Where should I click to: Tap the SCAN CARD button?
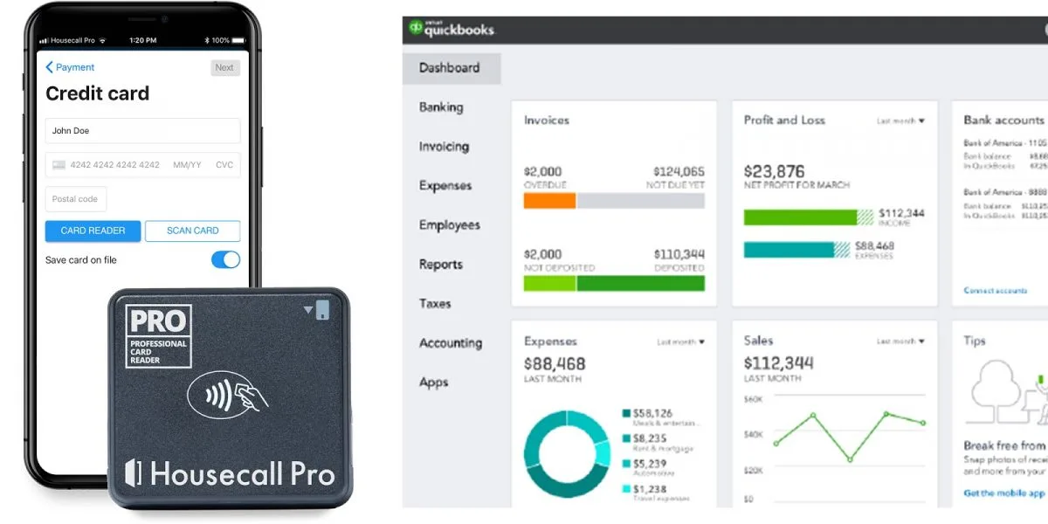pos(192,231)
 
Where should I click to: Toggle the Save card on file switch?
pos(225,259)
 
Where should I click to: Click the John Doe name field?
pos(142,131)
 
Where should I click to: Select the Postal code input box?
pos(76,199)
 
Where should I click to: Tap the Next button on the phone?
pos(224,67)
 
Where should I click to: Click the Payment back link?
pos(70,67)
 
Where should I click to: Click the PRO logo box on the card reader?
pos(158,335)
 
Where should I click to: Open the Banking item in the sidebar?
pos(441,107)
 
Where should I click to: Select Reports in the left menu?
pos(441,265)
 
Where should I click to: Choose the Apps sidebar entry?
pos(434,383)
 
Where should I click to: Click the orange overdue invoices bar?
pos(549,201)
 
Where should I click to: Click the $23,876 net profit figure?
pos(774,171)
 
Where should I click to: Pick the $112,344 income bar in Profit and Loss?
pos(800,217)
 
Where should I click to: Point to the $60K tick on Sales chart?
pos(754,399)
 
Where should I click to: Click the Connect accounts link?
pos(995,290)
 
